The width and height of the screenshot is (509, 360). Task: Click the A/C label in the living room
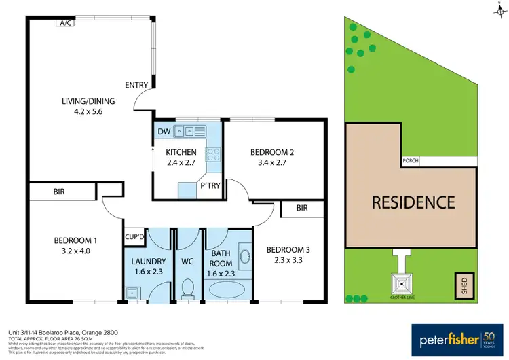click(x=66, y=22)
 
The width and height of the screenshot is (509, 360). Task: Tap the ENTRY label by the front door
click(x=136, y=85)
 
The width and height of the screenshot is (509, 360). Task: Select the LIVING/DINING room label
click(x=89, y=101)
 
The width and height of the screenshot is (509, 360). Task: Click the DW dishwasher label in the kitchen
click(x=164, y=131)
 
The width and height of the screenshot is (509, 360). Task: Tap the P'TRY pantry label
click(x=208, y=185)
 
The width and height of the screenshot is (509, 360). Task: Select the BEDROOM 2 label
click(x=271, y=151)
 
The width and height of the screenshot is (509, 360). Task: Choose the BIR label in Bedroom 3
click(x=302, y=209)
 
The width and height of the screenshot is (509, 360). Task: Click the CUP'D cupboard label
click(x=134, y=236)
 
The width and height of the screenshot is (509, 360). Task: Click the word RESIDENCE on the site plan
click(x=412, y=202)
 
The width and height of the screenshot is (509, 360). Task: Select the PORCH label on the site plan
click(x=411, y=161)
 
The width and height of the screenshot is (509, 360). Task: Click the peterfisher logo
click(x=447, y=338)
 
